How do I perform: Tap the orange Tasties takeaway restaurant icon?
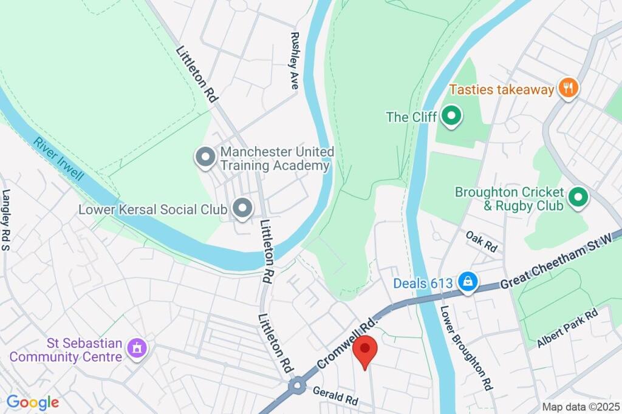point(569,89)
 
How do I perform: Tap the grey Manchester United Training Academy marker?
point(205,157)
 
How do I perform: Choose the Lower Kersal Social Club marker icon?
point(243,209)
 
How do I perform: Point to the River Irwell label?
point(59,160)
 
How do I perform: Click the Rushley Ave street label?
point(295,61)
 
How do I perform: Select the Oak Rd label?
point(482,241)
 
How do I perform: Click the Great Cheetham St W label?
point(559,257)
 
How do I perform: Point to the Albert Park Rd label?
point(567,328)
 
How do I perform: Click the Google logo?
point(33,402)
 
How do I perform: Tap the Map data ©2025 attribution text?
point(579,407)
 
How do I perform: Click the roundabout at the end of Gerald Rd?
point(297,386)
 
